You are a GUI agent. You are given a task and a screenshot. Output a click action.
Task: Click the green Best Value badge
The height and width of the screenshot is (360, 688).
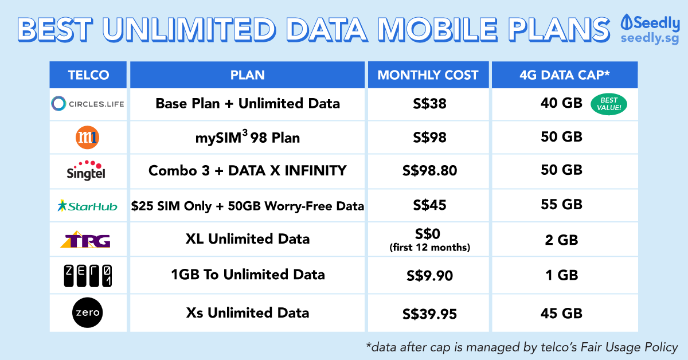tap(609, 104)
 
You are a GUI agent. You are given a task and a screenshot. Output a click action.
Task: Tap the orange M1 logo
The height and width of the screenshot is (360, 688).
tap(87, 138)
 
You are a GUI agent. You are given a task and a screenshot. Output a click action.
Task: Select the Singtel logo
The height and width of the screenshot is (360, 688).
tap(86, 170)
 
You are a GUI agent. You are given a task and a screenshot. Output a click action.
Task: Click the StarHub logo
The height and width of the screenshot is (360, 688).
tap(87, 206)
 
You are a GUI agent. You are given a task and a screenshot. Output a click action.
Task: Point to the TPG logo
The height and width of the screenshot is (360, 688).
tap(85, 239)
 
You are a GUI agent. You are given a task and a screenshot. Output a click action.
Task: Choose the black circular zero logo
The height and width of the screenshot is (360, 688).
tap(88, 312)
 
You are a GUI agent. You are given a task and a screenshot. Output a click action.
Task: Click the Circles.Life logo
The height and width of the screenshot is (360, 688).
tap(88, 104)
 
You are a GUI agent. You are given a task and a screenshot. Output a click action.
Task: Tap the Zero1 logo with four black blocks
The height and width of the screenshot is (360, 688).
tap(88, 276)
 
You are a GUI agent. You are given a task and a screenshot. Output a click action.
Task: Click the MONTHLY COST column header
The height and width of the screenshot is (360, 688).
tap(428, 75)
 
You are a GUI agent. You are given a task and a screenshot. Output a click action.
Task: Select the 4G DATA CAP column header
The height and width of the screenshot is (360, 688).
tap(565, 75)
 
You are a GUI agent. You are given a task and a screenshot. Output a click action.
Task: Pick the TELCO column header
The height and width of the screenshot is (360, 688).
tap(88, 75)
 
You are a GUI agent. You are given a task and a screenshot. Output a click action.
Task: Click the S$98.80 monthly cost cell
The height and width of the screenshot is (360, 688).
tap(429, 170)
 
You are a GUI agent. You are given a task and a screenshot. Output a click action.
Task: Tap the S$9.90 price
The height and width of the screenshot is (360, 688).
tap(429, 276)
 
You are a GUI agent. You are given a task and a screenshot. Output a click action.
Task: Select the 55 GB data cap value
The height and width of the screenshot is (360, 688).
tap(561, 205)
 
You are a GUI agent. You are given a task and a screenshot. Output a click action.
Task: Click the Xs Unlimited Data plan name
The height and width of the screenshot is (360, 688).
tap(248, 312)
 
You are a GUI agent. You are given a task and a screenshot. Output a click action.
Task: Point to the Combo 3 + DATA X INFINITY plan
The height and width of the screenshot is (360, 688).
tap(248, 170)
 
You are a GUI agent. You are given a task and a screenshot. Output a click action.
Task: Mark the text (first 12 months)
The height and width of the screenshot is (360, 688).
tap(429, 248)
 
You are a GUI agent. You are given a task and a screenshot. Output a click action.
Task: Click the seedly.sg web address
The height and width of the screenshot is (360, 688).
tap(650, 39)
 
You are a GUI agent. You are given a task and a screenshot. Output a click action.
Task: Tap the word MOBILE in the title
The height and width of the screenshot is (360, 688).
tap(437, 30)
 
